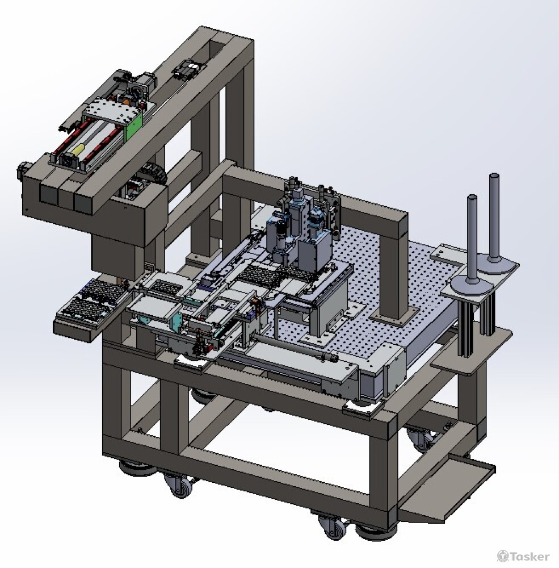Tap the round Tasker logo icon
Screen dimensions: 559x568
[x=502, y=556]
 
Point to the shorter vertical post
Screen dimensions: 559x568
[x=472, y=239]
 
